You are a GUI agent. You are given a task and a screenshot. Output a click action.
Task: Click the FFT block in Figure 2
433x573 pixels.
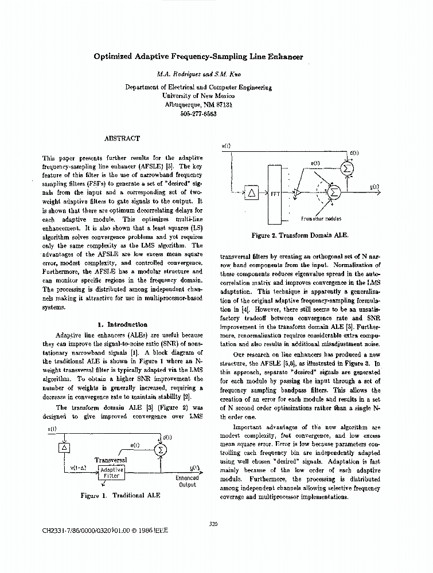(275, 194)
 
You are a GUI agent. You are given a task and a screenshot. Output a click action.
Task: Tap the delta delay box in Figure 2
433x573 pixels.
(251, 193)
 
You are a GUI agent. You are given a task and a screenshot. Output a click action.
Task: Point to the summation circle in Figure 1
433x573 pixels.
(161, 450)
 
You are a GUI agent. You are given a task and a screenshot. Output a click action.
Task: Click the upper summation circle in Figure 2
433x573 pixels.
(346, 168)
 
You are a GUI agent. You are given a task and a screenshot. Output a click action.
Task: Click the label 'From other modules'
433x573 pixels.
(321, 219)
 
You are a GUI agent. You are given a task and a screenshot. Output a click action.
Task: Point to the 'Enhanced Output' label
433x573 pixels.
(187, 481)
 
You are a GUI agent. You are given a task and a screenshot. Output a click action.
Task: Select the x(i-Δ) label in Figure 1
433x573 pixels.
(78, 468)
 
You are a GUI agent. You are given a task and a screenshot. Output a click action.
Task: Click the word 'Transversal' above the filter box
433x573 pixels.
(110, 460)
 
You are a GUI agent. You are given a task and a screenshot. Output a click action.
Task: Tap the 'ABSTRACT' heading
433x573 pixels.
(122, 138)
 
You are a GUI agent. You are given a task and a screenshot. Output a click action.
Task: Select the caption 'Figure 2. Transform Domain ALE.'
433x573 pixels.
(300, 235)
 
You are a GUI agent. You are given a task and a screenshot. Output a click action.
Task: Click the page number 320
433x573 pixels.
(213, 523)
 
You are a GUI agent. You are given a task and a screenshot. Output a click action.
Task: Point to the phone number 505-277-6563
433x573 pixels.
(198, 113)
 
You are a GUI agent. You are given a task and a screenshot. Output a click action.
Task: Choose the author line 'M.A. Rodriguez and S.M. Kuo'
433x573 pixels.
(198, 74)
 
